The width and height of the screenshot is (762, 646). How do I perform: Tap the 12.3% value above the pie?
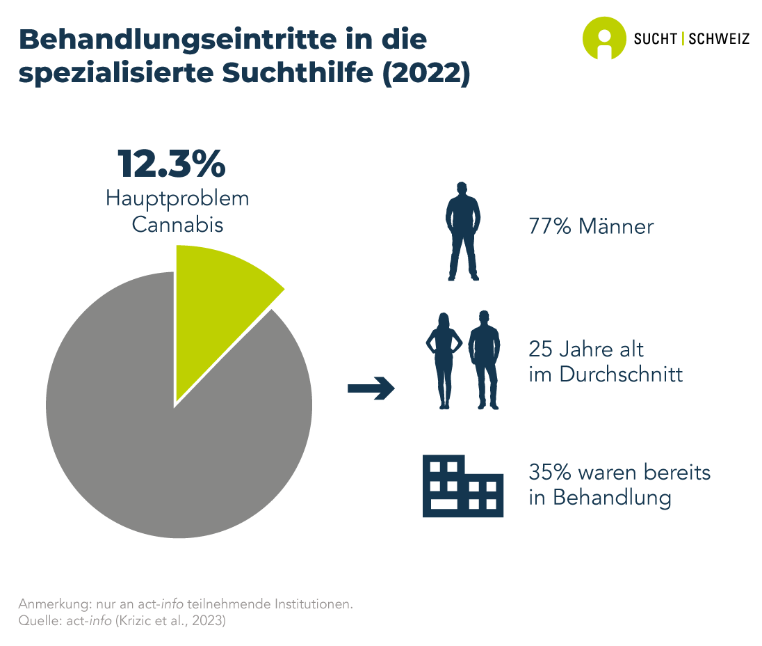click(172, 164)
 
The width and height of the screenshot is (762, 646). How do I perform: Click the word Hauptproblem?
click(177, 198)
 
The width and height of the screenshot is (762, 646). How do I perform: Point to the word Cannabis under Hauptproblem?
click(177, 225)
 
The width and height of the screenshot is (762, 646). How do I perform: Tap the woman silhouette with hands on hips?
click(443, 359)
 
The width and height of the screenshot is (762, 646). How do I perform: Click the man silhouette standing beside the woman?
click(485, 359)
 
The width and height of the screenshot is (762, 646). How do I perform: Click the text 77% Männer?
click(591, 227)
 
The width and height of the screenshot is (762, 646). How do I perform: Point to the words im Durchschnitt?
click(606, 375)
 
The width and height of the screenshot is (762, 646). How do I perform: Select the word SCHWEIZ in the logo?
click(719, 39)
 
